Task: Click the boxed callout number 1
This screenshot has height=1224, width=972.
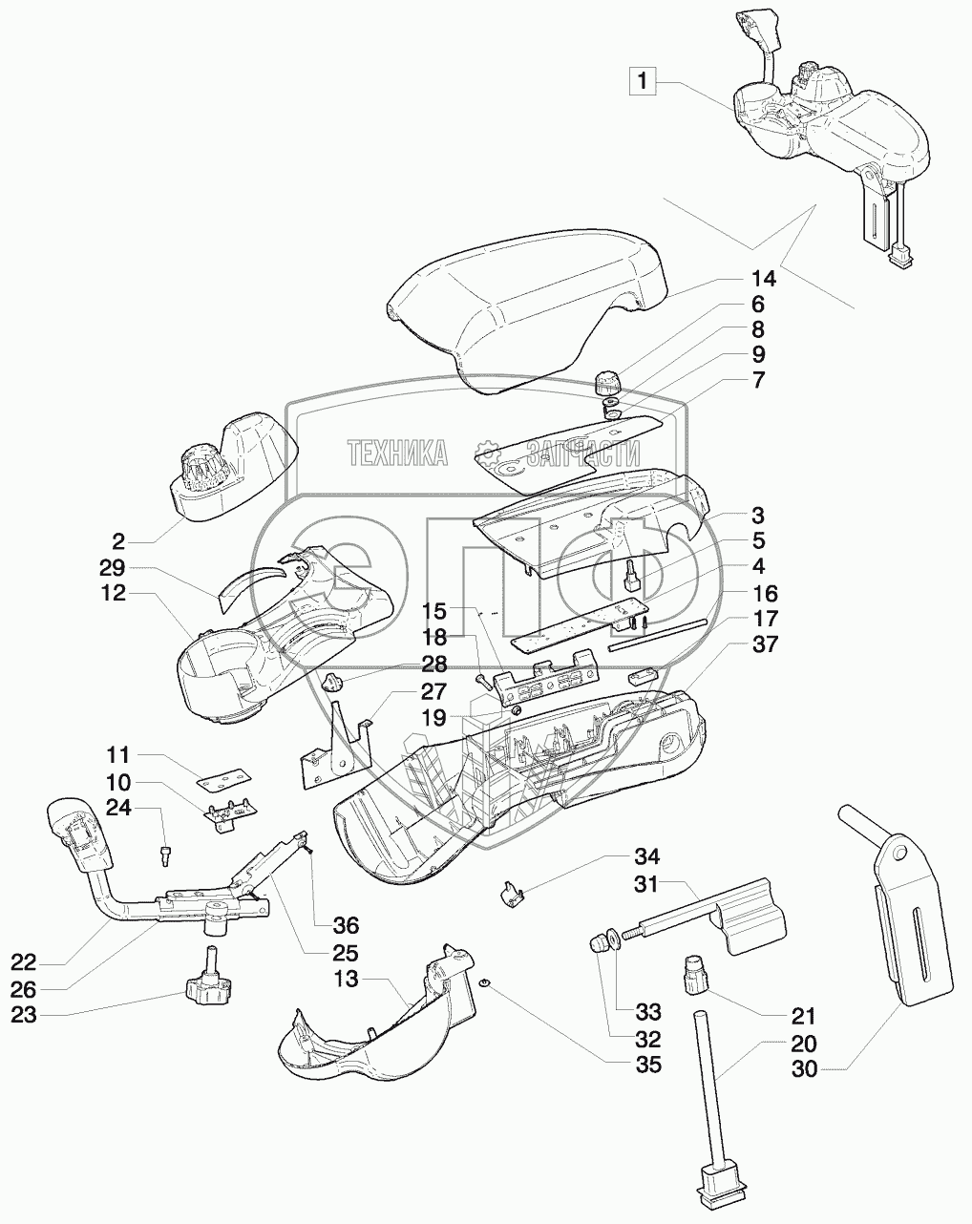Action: [643, 81]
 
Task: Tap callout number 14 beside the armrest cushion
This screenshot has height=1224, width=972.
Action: [764, 279]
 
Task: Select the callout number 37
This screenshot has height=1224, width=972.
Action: [764, 644]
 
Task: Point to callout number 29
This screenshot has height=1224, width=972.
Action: [112, 568]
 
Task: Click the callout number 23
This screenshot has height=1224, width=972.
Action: [23, 1015]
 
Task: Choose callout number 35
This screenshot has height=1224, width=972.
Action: [647, 1065]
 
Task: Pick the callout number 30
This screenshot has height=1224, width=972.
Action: [804, 1069]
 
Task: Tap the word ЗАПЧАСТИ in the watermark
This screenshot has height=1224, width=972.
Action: [583, 454]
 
